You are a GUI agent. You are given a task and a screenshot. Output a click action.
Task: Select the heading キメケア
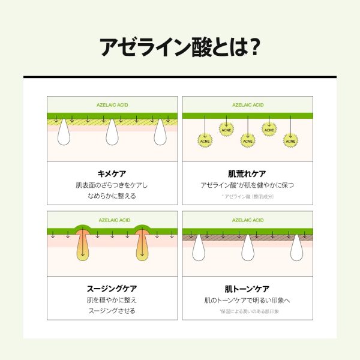click(x=112, y=172)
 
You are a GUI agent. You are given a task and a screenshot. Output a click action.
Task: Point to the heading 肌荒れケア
click(x=247, y=172)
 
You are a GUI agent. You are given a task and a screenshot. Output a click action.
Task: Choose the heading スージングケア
click(x=112, y=287)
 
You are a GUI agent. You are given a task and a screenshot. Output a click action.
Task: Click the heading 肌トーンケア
click(x=247, y=287)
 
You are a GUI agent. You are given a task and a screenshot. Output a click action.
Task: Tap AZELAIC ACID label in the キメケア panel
click(x=112, y=105)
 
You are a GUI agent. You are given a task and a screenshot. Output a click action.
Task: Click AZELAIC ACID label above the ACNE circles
click(x=247, y=105)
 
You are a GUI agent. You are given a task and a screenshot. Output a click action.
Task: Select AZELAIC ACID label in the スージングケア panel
click(x=112, y=220)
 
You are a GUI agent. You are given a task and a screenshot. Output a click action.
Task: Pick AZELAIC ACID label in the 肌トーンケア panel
click(x=247, y=220)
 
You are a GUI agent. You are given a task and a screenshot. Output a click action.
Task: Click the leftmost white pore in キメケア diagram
click(x=64, y=133)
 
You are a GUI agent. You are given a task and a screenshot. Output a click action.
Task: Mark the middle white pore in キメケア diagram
click(x=112, y=133)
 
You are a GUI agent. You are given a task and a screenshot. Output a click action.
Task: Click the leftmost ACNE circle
click(x=205, y=141)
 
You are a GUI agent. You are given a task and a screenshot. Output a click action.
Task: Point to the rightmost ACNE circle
click(x=291, y=141)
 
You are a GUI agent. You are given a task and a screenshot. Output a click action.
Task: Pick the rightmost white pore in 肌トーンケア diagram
click(x=296, y=248)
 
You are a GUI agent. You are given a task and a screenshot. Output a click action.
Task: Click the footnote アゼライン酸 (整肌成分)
click(x=247, y=196)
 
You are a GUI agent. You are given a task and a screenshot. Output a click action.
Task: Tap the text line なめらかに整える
click(x=112, y=196)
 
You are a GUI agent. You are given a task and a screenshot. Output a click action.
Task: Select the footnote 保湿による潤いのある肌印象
click(x=247, y=311)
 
